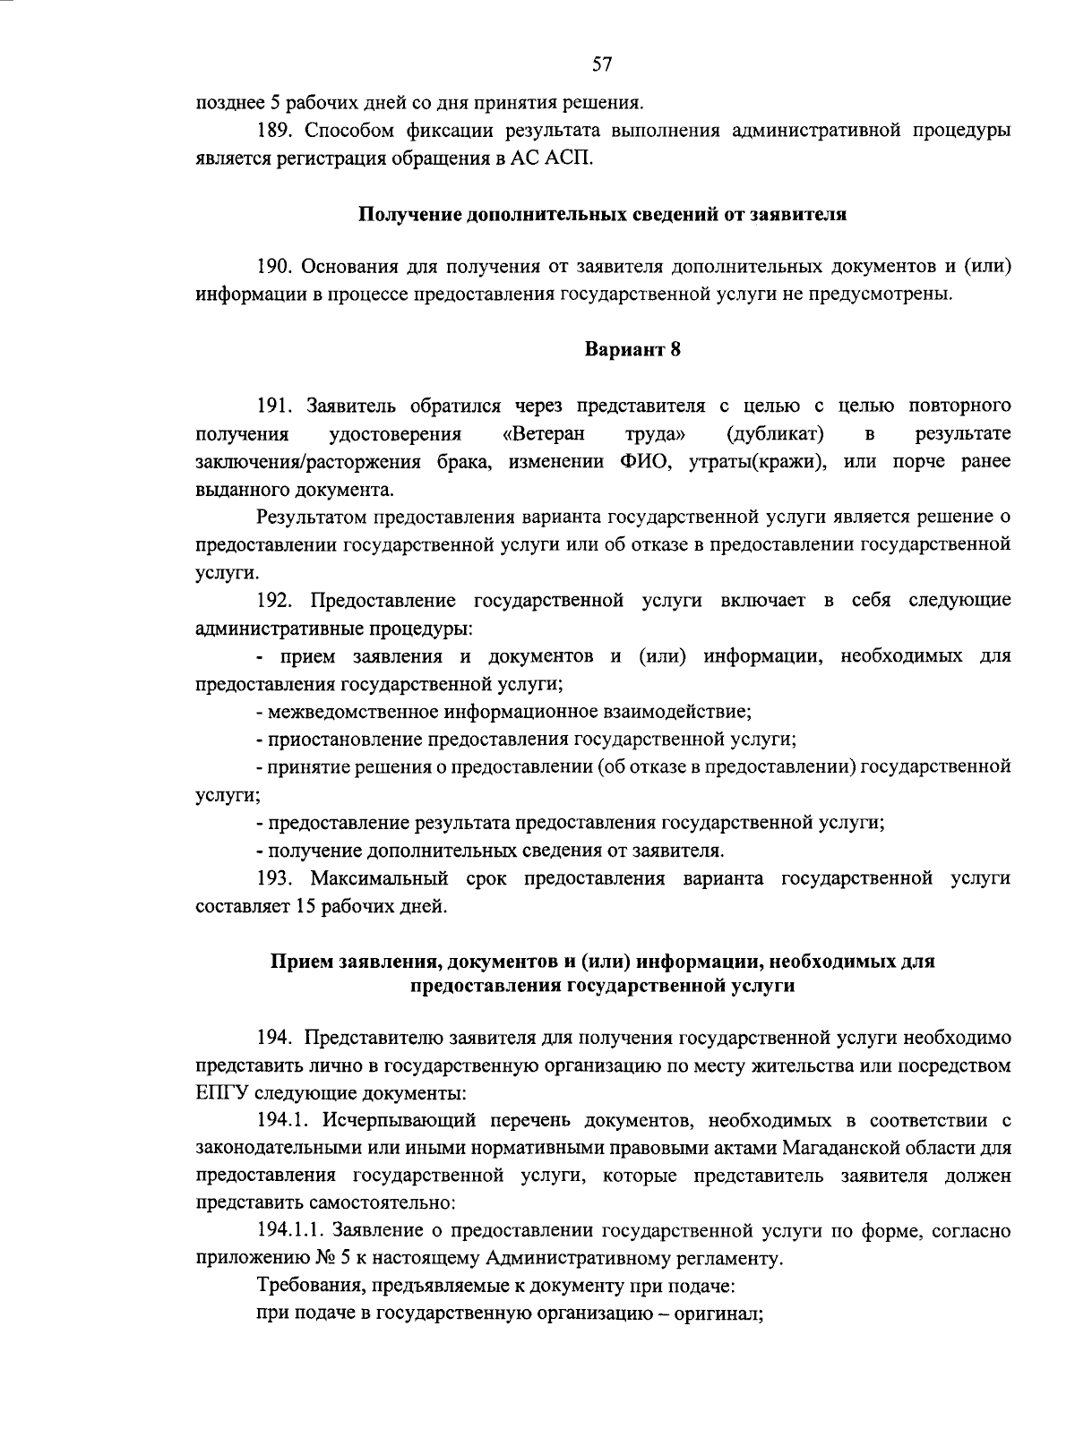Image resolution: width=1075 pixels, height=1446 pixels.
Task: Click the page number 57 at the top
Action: (601, 64)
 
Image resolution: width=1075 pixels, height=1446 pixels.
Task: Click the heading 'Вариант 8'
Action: (632, 349)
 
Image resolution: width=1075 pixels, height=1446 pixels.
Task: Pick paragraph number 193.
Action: (275, 878)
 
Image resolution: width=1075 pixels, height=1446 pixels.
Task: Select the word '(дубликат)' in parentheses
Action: (775, 434)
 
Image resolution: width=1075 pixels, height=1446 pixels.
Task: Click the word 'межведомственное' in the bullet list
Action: (348, 712)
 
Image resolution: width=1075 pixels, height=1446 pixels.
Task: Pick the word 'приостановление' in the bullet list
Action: (343, 740)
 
